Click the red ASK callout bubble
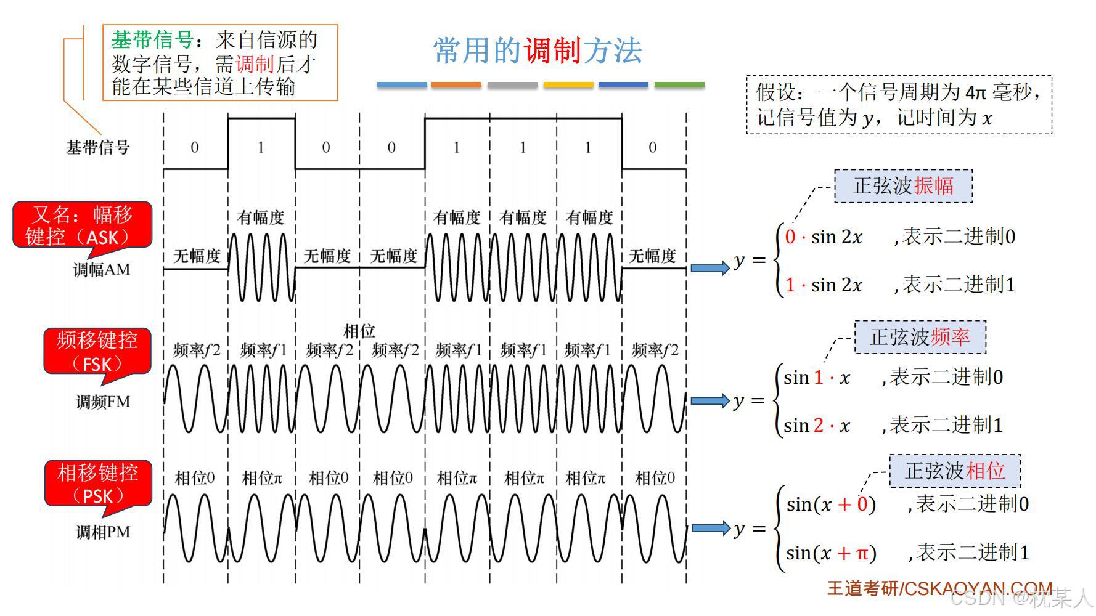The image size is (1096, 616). click(x=83, y=225)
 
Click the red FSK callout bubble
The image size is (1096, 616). click(x=97, y=351)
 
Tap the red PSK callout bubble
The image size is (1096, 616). click(x=98, y=484)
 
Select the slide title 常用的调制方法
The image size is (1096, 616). click(x=538, y=51)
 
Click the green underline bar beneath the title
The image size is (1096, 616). click(x=679, y=85)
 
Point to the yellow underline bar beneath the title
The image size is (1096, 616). click(x=568, y=85)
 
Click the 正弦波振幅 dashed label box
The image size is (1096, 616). click(x=903, y=186)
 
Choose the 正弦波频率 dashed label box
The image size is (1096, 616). click(x=920, y=337)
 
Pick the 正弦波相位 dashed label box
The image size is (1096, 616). click(x=955, y=471)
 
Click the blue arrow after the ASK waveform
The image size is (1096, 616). click(x=710, y=268)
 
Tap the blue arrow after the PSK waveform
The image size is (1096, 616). click(x=710, y=529)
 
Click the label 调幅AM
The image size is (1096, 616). click(x=102, y=270)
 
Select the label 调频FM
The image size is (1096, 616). click(x=103, y=402)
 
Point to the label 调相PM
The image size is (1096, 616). click(x=103, y=532)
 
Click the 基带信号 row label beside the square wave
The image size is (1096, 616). click(x=98, y=148)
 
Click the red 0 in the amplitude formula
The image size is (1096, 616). click(x=790, y=237)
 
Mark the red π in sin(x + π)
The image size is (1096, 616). click(x=862, y=553)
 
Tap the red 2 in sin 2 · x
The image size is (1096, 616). click(x=819, y=425)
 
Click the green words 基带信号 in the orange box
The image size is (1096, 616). click(x=153, y=40)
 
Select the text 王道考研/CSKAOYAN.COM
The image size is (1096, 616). click(x=939, y=588)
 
